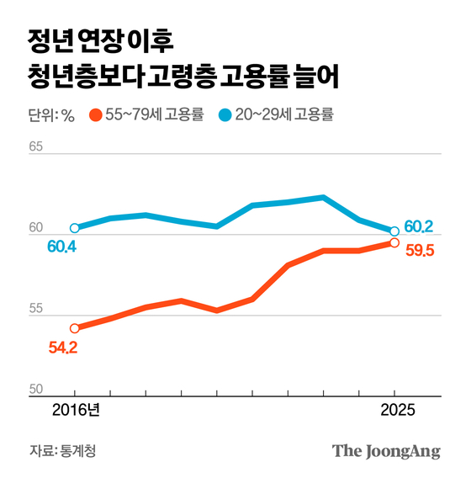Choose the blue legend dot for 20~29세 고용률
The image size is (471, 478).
click(x=224, y=115)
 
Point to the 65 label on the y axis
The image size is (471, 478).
click(x=35, y=146)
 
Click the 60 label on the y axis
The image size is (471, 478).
click(x=35, y=227)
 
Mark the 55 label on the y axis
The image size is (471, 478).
click(x=35, y=309)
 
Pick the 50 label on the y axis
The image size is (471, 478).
click(x=35, y=390)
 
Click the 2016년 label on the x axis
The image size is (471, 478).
click(x=75, y=412)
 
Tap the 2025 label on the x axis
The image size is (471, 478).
click(x=394, y=412)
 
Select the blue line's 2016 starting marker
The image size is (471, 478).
click(x=75, y=228)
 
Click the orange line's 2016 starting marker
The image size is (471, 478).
click(x=75, y=328)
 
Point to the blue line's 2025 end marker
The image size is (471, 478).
click(x=394, y=231)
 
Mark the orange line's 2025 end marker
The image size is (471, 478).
click(x=394, y=242)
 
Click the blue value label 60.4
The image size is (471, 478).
click(x=62, y=247)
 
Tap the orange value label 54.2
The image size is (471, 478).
click(x=62, y=347)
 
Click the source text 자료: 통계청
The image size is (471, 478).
click(x=62, y=451)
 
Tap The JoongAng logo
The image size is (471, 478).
click(x=386, y=450)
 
